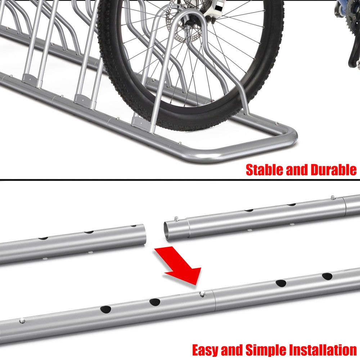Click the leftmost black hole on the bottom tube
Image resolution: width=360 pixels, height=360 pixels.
point(106,309)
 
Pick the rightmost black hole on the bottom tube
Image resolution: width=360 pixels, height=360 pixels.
point(327,276)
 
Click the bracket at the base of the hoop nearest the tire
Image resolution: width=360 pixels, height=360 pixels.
point(139,121)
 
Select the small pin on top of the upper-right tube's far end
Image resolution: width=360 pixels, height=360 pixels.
point(333,197)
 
